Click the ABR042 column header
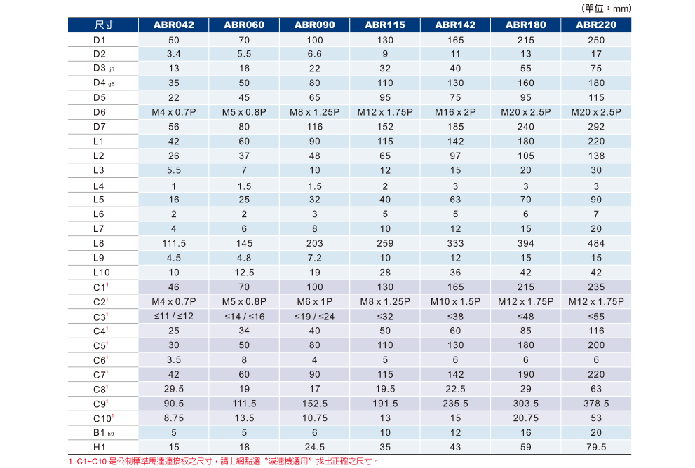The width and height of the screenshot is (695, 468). tap(174, 25)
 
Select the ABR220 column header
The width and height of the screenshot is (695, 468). tap(596, 25)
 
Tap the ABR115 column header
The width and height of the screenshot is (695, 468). tap(385, 25)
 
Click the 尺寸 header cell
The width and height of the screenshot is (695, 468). tap(103, 25)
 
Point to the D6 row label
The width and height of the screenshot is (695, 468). tap(99, 112)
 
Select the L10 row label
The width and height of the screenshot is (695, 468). tap(101, 273)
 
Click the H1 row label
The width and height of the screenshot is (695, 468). tap(99, 447)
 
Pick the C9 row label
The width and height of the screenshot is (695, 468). tap(100, 404)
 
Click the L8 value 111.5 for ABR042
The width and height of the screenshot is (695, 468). tap(174, 243)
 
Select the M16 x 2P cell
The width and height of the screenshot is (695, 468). tap(455, 112)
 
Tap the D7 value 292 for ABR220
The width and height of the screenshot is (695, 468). tap(596, 127)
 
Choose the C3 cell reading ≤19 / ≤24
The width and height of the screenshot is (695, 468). tap(315, 317)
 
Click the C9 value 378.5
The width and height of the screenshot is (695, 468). tap(596, 404)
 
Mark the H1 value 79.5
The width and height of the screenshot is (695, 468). tap(596, 447)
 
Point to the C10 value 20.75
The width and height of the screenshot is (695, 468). tap(526, 418)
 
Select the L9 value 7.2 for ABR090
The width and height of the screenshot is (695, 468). tap(315, 258)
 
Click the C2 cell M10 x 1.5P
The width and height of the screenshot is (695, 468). tap(455, 301)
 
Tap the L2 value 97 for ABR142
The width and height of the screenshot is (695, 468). tap(455, 156)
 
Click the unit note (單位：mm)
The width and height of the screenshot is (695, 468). tap(607, 8)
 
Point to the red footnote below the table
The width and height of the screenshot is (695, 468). tap(224, 461)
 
